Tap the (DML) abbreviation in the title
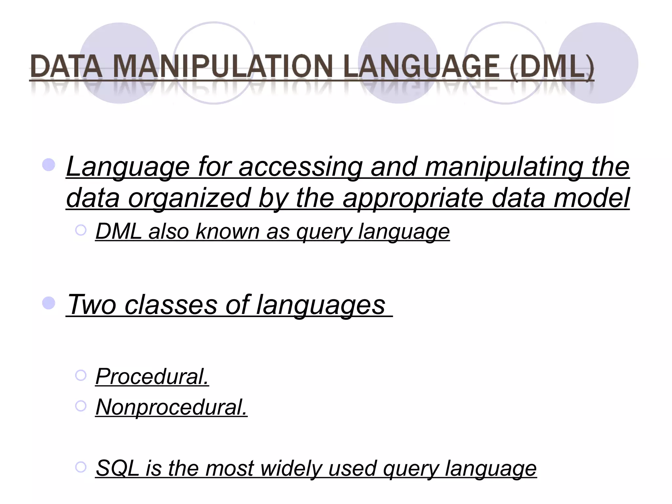[x=552, y=67]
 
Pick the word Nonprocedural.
[x=171, y=407]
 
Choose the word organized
[x=189, y=198]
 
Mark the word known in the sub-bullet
[x=228, y=231]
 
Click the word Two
[x=92, y=304]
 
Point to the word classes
[x=171, y=304]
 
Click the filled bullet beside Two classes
[x=49, y=303]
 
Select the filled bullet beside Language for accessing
[x=49, y=165]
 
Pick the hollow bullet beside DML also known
[x=81, y=230]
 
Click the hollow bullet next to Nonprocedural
[x=81, y=406]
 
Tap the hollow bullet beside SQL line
[x=81, y=467]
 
